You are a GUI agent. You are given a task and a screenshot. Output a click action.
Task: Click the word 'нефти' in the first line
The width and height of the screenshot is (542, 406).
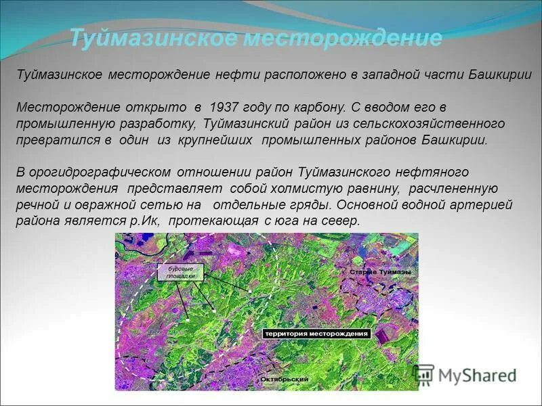point(236,75)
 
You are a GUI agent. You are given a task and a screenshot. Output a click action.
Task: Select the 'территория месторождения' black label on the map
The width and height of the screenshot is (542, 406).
point(316,334)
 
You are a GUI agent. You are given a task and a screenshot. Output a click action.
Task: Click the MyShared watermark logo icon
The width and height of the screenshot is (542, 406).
point(423,374)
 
